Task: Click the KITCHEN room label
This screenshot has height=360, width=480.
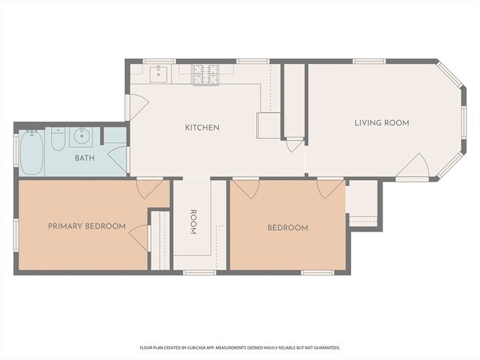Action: point(202,128)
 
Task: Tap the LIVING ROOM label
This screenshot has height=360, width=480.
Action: point(382,123)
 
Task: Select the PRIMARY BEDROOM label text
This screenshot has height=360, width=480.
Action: point(87,226)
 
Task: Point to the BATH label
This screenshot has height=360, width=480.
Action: point(85,158)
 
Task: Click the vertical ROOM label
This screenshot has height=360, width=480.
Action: point(193,222)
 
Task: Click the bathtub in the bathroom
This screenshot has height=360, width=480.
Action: point(32,153)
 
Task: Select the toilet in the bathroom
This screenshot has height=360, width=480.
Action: point(58,139)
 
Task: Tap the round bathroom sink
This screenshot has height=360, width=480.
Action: point(81,136)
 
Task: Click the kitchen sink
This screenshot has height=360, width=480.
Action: point(158,74)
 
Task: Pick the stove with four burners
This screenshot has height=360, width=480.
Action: point(206,75)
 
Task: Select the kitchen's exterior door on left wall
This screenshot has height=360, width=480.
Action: point(137,107)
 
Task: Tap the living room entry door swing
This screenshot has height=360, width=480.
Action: point(412,165)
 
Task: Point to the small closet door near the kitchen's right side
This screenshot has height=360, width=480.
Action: point(294,145)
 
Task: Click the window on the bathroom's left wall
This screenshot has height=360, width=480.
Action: point(16,150)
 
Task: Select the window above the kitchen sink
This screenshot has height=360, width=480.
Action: point(160,61)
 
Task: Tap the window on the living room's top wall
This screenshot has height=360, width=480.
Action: point(369,61)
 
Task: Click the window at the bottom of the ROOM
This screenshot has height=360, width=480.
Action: point(199,272)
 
